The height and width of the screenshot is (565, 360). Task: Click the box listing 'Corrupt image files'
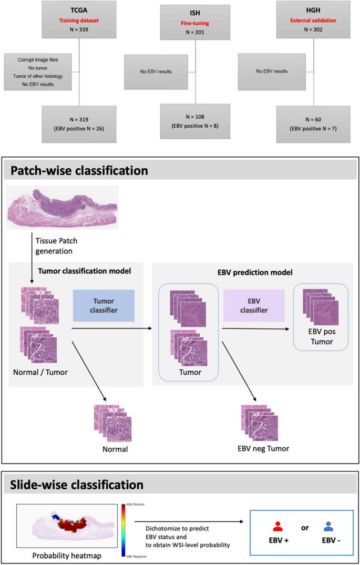[x=37, y=71]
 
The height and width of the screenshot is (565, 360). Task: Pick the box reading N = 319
[x=79, y=124]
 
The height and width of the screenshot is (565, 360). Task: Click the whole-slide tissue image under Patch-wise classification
[x=63, y=207]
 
